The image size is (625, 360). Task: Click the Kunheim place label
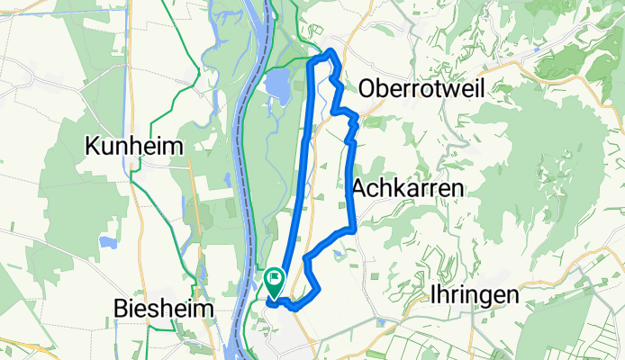(x=134, y=146)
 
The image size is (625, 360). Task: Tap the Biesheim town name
(x=164, y=309)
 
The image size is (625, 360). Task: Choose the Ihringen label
(x=476, y=294)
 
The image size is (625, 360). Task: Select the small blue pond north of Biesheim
(x=109, y=242)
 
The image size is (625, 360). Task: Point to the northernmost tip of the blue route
(x=333, y=49)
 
